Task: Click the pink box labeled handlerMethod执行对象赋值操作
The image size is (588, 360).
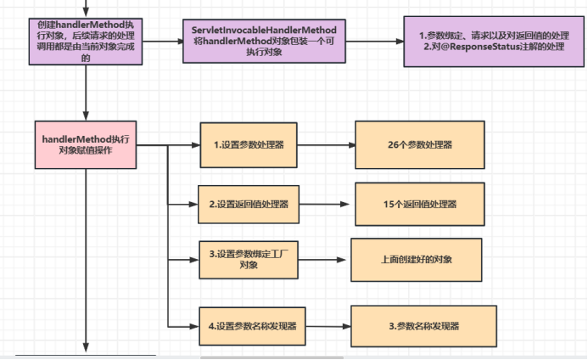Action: click(86, 145)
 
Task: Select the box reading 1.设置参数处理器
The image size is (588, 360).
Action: click(249, 145)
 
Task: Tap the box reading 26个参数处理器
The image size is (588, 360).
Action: click(420, 145)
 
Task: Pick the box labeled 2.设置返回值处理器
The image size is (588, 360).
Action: click(249, 205)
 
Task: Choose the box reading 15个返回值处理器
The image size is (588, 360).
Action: click(420, 205)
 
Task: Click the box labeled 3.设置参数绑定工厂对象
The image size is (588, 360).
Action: click(249, 260)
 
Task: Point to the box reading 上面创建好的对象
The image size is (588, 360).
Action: click(417, 260)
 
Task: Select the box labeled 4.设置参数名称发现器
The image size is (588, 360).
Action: click(252, 326)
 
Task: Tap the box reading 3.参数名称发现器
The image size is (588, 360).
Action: click(423, 326)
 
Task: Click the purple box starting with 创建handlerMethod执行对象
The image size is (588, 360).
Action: click(86, 42)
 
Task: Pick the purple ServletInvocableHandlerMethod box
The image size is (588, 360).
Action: click(264, 41)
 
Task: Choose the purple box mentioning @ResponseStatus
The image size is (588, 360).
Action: click(494, 42)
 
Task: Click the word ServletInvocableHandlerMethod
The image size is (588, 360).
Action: click(264, 30)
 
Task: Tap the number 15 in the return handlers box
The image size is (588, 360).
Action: click(388, 205)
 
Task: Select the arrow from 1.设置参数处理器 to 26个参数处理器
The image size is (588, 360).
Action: click(327, 145)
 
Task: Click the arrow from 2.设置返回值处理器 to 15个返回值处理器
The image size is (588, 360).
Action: click(324, 205)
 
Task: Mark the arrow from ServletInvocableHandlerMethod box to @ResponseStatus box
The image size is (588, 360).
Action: click(375, 42)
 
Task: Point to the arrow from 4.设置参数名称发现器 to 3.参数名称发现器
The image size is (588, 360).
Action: click(328, 326)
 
